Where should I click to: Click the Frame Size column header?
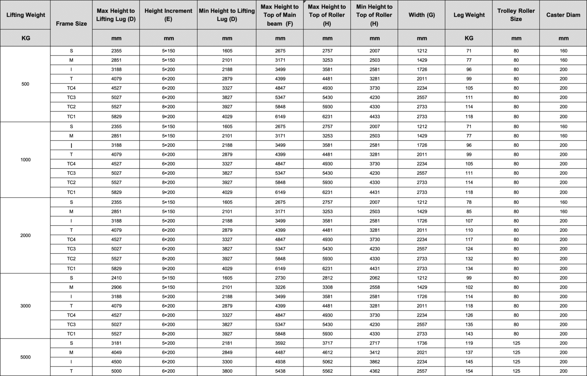(71, 23)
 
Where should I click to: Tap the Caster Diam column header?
(563, 15)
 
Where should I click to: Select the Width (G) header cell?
(421, 15)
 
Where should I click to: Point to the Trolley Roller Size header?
(516, 15)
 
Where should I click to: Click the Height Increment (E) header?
(168, 15)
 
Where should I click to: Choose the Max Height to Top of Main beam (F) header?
(280, 15)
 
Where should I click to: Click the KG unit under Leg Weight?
(469, 38)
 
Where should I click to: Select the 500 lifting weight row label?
(25, 84)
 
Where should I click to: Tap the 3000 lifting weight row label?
(25, 306)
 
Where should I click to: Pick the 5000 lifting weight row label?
(25, 357)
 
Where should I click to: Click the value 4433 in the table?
(375, 116)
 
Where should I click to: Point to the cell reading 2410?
(116, 278)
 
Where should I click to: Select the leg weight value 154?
(469, 371)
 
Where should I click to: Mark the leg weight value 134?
(469, 268)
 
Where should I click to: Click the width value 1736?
(422, 343)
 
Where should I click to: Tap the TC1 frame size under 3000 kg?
(71, 333)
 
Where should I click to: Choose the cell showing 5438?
(280, 371)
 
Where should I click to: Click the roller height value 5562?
(327, 371)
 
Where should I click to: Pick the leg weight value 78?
(469, 202)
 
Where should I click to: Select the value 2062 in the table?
(375, 278)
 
